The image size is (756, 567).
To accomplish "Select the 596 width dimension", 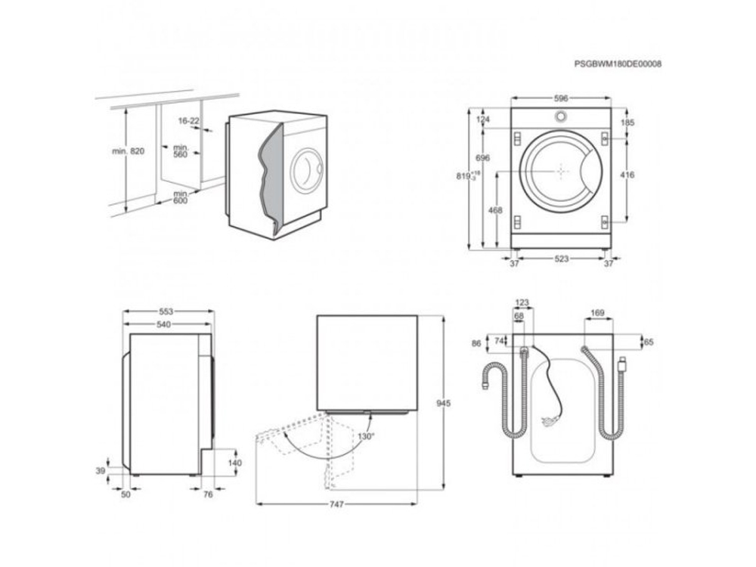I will pos(560,98).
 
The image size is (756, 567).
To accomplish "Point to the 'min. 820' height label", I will pos(128,151).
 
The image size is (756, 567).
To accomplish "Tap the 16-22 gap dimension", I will pos(189,121).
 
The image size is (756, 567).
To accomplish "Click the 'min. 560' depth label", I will pos(180,151).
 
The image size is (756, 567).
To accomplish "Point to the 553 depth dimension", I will pos(166,311).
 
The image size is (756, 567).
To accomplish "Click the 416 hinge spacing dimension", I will pos(627,175).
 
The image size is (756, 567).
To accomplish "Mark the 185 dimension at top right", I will pos(627,122).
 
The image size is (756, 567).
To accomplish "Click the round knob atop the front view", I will pos(560,117).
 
